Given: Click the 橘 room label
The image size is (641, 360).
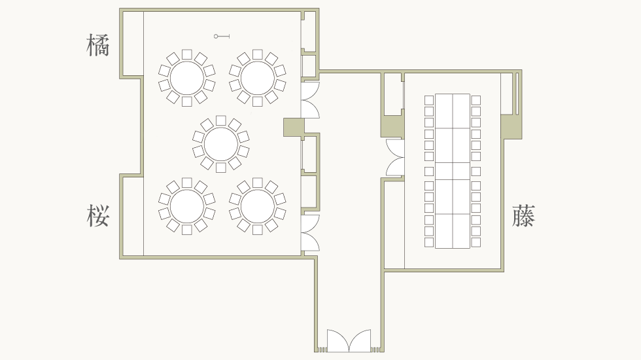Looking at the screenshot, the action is click(x=98, y=45).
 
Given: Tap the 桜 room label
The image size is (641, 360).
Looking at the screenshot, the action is click(x=98, y=215).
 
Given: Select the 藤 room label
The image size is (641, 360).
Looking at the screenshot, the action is click(x=524, y=215).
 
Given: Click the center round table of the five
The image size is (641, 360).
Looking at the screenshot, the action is click(x=221, y=144).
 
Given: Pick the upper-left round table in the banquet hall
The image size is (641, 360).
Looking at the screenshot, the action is click(x=187, y=78).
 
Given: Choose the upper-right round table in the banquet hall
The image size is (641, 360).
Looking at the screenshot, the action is click(x=258, y=78).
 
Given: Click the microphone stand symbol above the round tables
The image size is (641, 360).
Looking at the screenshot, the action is click(x=222, y=37).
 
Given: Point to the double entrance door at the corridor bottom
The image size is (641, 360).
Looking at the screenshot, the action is click(x=349, y=341).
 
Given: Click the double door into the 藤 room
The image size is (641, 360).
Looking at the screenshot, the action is click(x=395, y=158).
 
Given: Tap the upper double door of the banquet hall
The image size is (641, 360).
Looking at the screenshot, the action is click(x=310, y=99).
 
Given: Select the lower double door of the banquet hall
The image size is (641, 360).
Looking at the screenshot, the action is click(x=310, y=233).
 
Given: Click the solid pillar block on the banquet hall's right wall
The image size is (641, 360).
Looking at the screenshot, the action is click(x=294, y=127).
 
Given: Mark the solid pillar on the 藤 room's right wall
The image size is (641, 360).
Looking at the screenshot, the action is click(x=511, y=127).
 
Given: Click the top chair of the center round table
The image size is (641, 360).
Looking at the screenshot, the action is click(x=221, y=120).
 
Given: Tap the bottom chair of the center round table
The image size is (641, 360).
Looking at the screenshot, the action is click(x=221, y=168).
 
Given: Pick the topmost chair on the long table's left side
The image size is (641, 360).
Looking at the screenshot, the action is click(x=429, y=100).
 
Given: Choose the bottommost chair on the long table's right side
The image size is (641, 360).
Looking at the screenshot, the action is click(x=476, y=243).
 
